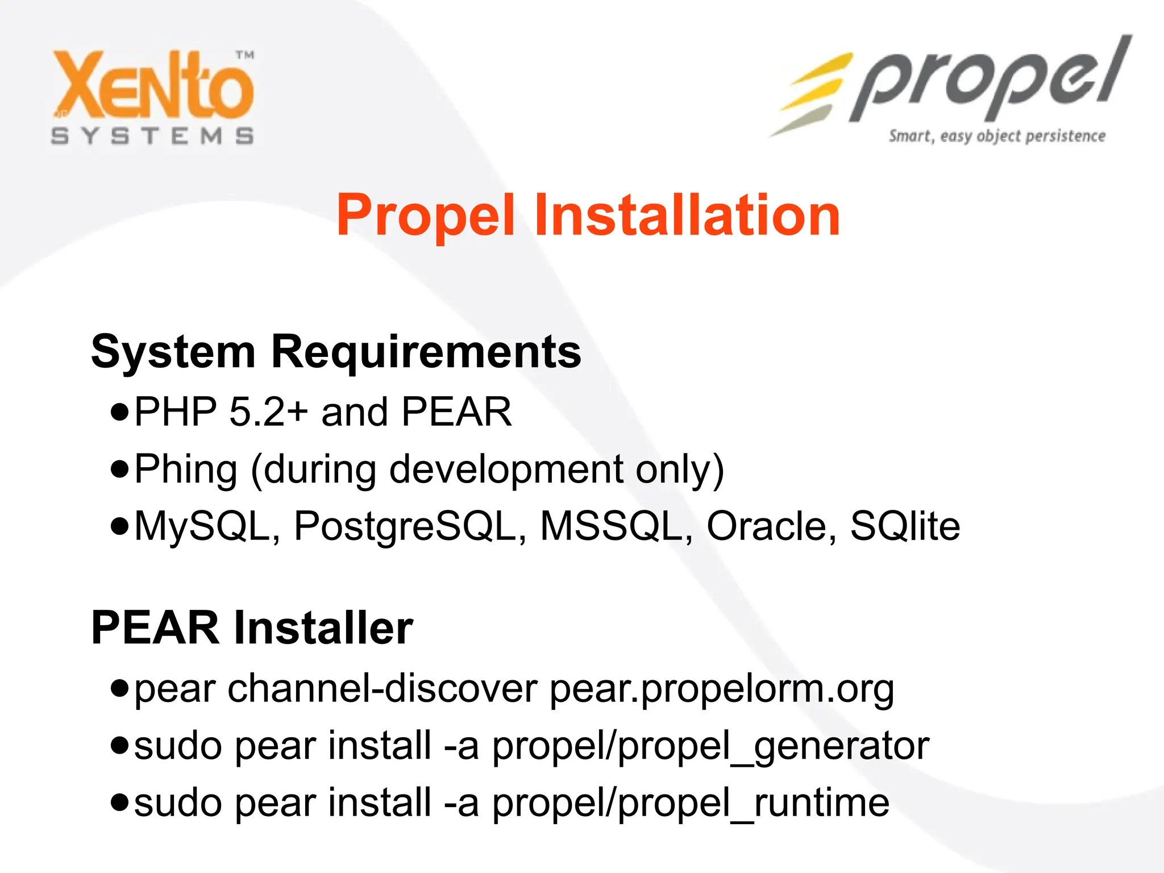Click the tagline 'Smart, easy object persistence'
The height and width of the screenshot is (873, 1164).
[997, 136]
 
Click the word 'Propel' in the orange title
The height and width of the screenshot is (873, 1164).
[426, 216]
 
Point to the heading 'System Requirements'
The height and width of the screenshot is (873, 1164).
[336, 352]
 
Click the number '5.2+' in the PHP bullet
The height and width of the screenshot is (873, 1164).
[268, 411]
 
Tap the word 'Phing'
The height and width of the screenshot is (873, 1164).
[185, 469]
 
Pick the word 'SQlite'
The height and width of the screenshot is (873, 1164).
[905, 526]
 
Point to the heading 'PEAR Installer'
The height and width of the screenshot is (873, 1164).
[252, 628]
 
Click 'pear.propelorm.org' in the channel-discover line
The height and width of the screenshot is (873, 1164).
[722, 689]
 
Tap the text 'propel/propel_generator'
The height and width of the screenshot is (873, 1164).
[710, 746]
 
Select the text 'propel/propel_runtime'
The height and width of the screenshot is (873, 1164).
[691, 803]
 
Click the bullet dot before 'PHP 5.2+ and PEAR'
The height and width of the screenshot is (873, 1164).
[120, 411]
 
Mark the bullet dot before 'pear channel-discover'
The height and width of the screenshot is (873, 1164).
[120, 688]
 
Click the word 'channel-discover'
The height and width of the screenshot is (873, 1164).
[383, 688]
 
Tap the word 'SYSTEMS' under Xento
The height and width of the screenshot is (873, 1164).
[152, 136]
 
